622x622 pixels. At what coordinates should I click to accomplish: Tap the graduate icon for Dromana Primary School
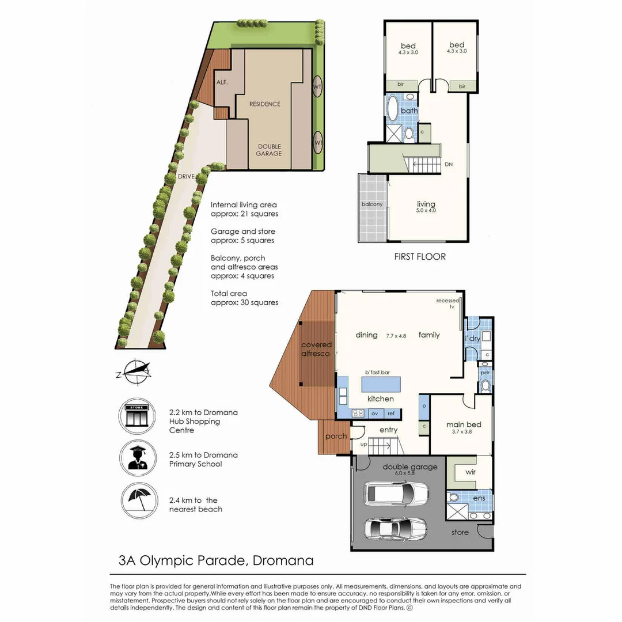pyautogui.click(x=137, y=459)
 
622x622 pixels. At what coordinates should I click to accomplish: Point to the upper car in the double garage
pyautogui.click(x=396, y=493)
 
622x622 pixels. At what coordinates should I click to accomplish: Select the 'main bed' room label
pyautogui.click(x=464, y=425)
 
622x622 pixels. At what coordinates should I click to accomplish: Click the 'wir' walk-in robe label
pyautogui.click(x=471, y=472)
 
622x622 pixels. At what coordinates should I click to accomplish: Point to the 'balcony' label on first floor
pyautogui.click(x=372, y=204)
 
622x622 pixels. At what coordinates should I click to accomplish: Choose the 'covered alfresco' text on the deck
pyautogui.click(x=317, y=349)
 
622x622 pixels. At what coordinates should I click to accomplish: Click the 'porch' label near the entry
pyautogui.click(x=336, y=436)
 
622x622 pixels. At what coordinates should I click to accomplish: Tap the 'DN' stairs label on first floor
pyautogui.click(x=449, y=165)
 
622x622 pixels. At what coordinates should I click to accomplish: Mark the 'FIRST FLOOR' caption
pyautogui.click(x=420, y=256)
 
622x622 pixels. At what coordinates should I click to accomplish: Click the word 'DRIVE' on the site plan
pyautogui.click(x=186, y=176)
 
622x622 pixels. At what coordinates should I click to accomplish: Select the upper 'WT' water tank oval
pyautogui.click(x=317, y=87)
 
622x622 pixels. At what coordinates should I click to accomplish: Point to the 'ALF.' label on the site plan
pyautogui.click(x=222, y=82)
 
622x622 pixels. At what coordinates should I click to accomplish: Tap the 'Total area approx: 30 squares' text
pyautogui.click(x=244, y=298)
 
